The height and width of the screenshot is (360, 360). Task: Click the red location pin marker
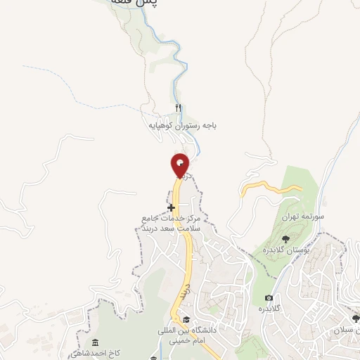point(180,166)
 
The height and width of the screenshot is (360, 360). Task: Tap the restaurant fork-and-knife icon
point(178,108)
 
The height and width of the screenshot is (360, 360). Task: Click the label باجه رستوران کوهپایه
point(182,124)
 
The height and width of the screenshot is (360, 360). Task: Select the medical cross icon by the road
point(171,207)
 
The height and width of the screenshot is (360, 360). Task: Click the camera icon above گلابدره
point(268,298)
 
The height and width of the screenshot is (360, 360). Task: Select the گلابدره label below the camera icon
point(269,309)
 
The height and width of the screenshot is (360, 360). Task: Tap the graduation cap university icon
point(186,319)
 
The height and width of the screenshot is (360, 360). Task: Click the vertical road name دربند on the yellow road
point(184,290)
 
